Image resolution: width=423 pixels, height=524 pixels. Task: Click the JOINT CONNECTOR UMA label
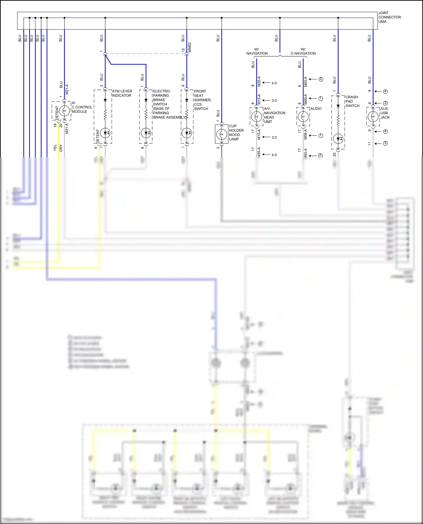point(389,17)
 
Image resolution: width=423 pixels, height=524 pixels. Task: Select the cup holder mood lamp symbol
point(222,134)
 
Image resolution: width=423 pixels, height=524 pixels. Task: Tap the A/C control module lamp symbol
point(64,111)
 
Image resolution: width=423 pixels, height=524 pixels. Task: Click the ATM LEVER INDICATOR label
point(122,93)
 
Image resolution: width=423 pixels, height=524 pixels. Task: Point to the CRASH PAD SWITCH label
point(352,101)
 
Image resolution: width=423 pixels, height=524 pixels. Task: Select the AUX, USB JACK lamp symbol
point(373,116)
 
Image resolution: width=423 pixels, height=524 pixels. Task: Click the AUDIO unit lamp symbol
point(303,116)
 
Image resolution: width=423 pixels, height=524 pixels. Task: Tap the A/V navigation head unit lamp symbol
point(257,116)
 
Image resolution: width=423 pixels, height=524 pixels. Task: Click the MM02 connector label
point(190,47)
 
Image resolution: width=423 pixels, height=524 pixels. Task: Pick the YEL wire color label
point(55,148)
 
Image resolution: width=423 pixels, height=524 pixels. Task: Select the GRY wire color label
point(61,148)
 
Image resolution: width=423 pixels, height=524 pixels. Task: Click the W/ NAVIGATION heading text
point(257,51)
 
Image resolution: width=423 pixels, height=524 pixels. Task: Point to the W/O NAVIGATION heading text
point(303,51)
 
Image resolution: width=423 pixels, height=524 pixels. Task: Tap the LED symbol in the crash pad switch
point(338,139)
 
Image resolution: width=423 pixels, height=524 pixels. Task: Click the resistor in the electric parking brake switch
point(146,115)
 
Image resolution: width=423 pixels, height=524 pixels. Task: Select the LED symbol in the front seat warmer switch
point(187,133)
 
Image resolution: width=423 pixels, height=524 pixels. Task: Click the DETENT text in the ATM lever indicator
point(98,136)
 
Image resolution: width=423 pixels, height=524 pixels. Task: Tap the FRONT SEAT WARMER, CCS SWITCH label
point(202,100)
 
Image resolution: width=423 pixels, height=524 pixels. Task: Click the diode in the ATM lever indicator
point(105,100)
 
